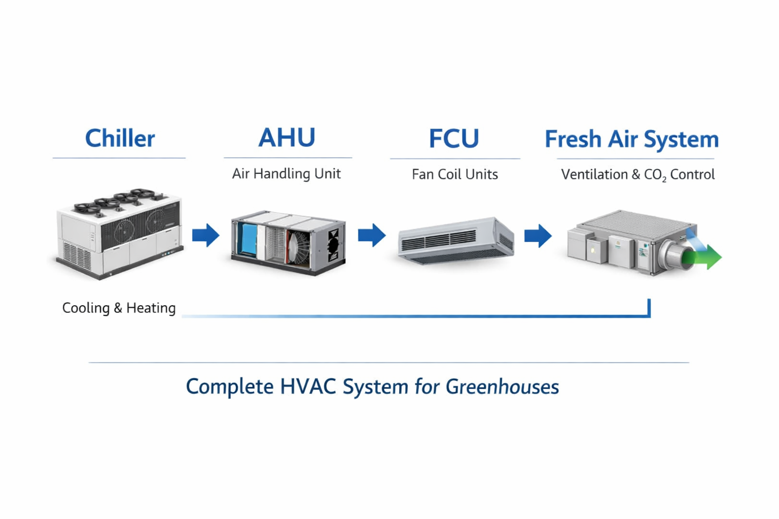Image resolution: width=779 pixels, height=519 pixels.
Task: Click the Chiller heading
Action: tap(120, 138)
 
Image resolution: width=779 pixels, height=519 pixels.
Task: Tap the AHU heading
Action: tap(287, 137)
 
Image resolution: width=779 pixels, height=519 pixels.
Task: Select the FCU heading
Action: tap(454, 138)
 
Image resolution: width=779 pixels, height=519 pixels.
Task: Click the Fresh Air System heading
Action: tap(631, 139)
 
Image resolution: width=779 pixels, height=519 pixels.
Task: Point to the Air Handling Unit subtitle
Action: tap(286, 174)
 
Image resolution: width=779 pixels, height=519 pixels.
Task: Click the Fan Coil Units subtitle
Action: tap(454, 174)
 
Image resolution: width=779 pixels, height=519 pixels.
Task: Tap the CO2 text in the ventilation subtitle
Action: tap(655, 175)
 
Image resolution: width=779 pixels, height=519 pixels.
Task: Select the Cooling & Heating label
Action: tap(119, 308)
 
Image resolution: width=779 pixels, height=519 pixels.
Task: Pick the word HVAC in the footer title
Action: tap(308, 387)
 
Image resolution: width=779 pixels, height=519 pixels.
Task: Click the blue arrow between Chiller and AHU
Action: tap(205, 235)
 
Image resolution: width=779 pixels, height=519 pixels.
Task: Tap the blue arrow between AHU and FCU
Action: tap(372, 235)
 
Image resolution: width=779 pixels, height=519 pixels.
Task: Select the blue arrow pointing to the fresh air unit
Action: tap(538, 236)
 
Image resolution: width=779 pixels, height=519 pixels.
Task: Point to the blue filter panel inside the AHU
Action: tap(249, 241)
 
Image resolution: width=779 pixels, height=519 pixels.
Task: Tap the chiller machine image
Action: tap(119, 234)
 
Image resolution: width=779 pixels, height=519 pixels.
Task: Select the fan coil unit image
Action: tap(455, 241)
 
